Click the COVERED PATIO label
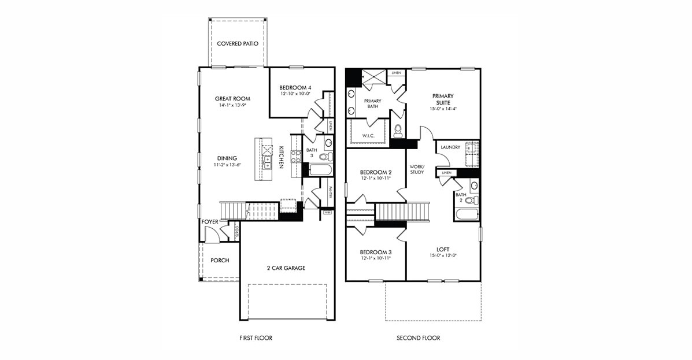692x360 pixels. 237,43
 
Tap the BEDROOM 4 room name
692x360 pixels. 295,87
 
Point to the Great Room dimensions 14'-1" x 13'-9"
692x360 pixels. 232,106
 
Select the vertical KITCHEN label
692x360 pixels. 281,157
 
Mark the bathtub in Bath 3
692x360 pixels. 320,170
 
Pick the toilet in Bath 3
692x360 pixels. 325,156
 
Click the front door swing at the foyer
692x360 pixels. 212,234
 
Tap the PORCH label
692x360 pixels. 220,261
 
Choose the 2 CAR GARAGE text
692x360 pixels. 286,268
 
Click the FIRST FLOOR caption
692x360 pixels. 256,338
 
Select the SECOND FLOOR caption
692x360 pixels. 418,338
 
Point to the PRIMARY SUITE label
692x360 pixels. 443,99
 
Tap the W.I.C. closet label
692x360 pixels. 368,136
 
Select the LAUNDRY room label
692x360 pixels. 450,147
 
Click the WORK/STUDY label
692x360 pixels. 417,169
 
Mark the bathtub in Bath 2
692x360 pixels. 467,215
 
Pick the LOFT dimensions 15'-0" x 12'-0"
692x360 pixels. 443,255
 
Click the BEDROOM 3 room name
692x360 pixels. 376,252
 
